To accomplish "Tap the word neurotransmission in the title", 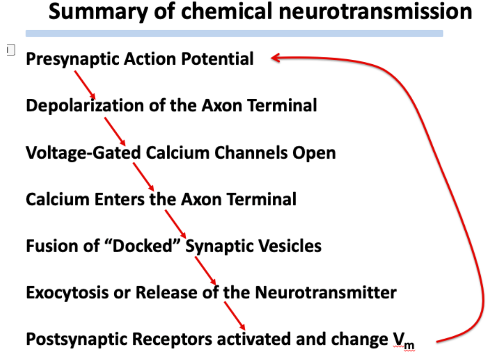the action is click(x=375, y=11).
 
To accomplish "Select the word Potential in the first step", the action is click(x=217, y=58).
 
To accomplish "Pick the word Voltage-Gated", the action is click(x=83, y=153).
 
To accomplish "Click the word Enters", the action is click(x=119, y=199).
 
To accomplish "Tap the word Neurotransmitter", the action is click(x=326, y=292).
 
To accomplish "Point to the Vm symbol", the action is click(x=404, y=341).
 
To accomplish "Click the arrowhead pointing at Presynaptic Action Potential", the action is click(x=275, y=57).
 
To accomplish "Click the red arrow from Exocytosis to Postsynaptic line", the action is click(x=234, y=316).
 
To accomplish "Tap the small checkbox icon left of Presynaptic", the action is click(x=11, y=50).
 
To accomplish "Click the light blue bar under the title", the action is click(x=234, y=34).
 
